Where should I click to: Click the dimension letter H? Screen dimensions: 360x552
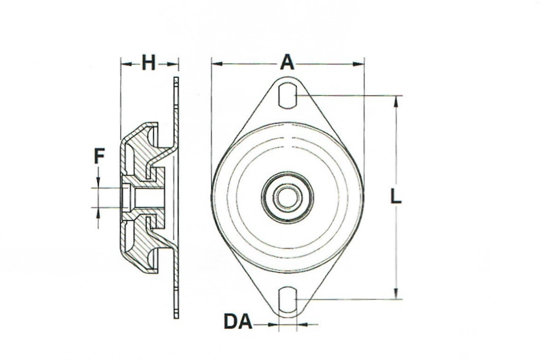pyautogui.click(x=149, y=63)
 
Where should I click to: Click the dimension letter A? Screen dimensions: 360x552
pyautogui.click(x=287, y=63)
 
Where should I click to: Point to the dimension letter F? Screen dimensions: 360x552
pyautogui.click(x=98, y=156)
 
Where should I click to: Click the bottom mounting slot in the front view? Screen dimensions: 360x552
pyautogui.click(x=288, y=300)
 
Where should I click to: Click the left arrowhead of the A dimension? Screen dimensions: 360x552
pyautogui.click(x=216, y=63)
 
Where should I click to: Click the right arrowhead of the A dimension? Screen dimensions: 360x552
pyautogui.click(x=360, y=63)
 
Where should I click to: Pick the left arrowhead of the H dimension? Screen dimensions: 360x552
pyautogui.click(x=125, y=63)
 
